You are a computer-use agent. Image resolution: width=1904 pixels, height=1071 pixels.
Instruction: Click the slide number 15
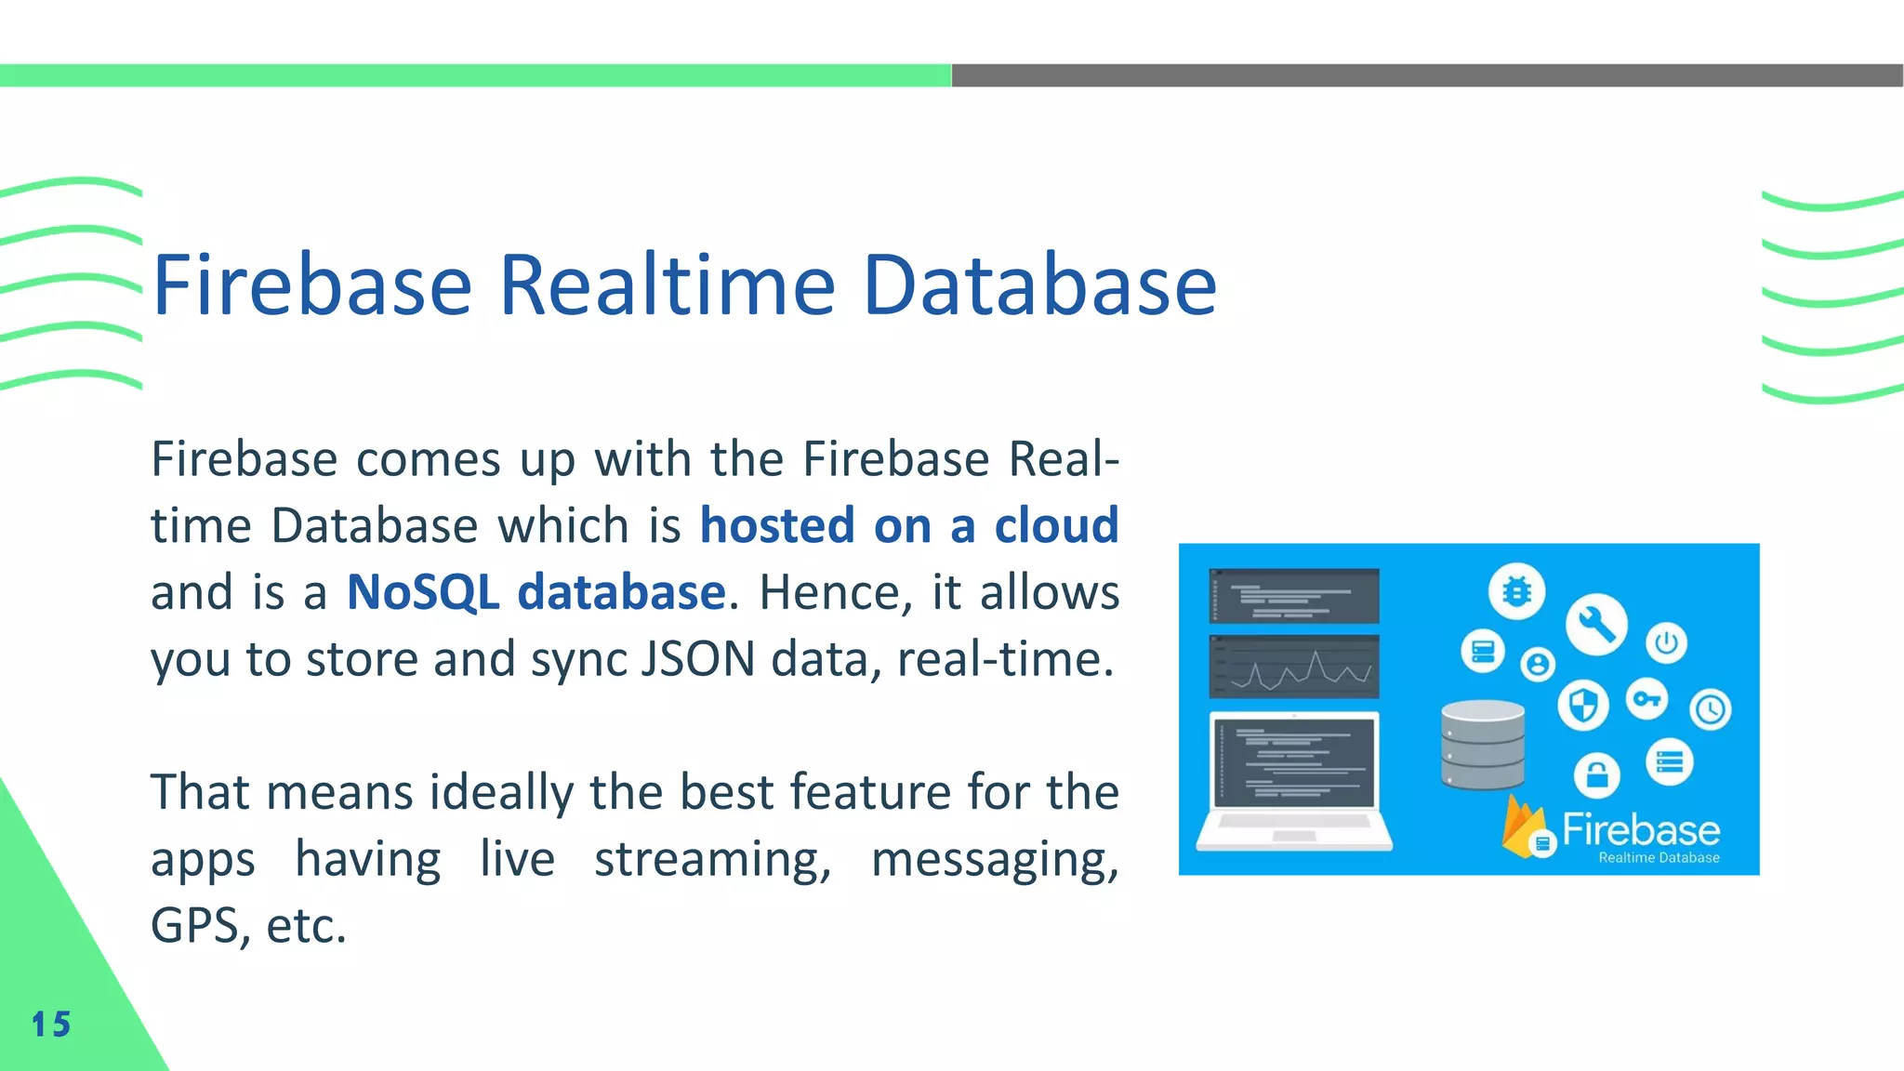[x=51, y=1025]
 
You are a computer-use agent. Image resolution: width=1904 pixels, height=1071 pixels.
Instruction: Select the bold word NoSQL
[x=423, y=592]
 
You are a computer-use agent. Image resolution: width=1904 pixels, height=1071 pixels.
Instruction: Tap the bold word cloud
[x=1056, y=525]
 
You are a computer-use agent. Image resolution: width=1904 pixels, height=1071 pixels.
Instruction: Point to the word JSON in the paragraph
[x=698, y=659]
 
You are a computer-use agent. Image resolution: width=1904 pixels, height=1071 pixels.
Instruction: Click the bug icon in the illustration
[x=1516, y=591]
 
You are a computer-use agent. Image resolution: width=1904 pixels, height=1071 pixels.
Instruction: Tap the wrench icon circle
[x=1596, y=624]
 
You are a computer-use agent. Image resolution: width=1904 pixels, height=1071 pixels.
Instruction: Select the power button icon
[x=1666, y=642]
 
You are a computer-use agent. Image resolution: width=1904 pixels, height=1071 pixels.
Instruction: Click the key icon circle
[x=1646, y=699]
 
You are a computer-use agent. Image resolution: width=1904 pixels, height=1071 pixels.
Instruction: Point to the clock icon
[x=1710, y=710]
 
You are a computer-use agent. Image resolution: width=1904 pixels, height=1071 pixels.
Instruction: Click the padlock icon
[x=1596, y=773]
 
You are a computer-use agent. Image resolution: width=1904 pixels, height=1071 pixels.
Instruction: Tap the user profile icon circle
[x=1538, y=664]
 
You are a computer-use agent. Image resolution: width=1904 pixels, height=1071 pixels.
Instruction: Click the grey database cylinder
[x=1483, y=745]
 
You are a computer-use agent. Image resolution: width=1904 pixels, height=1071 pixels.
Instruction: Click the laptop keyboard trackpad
[x=1294, y=836]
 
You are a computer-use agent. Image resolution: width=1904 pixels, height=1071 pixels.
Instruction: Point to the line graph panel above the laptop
[x=1294, y=667]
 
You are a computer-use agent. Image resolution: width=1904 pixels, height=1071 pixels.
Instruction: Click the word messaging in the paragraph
[x=995, y=859]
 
